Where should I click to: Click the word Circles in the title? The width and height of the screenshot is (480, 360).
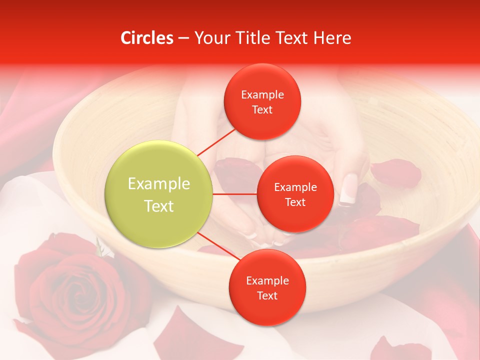(x=146, y=38)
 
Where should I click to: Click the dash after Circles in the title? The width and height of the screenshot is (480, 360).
(x=183, y=38)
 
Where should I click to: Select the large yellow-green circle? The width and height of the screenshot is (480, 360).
(x=159, y=194)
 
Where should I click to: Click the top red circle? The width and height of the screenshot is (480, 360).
(x=262, y=101)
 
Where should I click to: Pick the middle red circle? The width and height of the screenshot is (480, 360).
(x=295, y=194)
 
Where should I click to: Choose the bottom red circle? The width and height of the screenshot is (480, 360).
(x=267, y=287)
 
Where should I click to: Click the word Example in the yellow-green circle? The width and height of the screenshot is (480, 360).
(x=159, y=184)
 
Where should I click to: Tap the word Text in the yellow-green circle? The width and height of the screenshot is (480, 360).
(x=159, y=206)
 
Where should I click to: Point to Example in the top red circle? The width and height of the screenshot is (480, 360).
(x=262, y=95)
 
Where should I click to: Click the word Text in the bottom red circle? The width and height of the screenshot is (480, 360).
(x=267, y=295)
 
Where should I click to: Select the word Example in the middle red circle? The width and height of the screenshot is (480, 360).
(x=295, y=187)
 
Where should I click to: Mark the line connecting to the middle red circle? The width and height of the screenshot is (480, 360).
(x=235, y=194)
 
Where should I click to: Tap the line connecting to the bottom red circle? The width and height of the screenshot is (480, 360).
(x=218, y=246)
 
